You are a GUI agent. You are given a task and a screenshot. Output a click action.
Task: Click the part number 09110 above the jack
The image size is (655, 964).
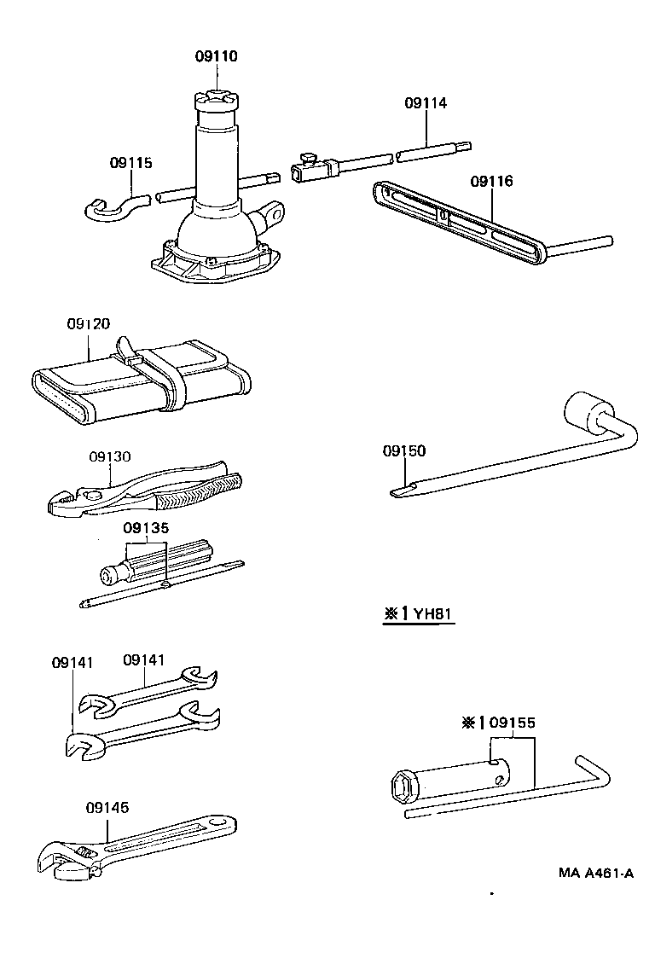click(x=215, y=56)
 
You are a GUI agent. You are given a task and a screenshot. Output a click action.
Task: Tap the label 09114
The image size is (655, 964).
click(x=426, y=102)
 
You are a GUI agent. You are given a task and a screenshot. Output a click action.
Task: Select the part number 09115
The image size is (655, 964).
click(x=130, y=162)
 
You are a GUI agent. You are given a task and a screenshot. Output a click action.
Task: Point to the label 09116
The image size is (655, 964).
click(x=491, y=181)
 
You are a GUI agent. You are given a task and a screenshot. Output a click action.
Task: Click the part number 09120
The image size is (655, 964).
click(x=89, y=324)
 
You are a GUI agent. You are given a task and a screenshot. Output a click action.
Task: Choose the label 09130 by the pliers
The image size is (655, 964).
click(x=110, y=456)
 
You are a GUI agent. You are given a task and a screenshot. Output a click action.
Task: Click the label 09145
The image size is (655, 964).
click(x=107, y=807)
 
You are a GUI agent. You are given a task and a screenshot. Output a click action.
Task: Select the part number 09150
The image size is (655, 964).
click(x=403, y=450)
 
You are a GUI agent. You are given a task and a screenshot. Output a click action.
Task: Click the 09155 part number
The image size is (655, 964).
click(x=512, y=723)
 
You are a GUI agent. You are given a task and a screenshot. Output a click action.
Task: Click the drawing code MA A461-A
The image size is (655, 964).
click(x=596, y=873)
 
